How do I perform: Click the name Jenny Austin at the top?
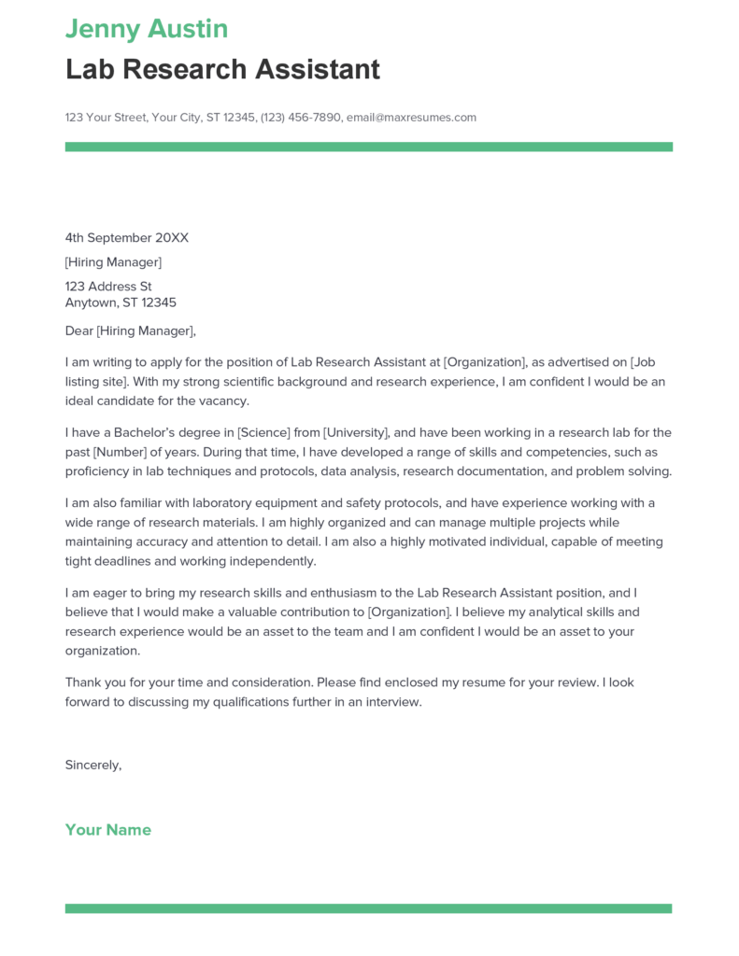pyautogui.click(x=147, y=28)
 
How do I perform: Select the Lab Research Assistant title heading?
pyautogui.click(x=222, y=69)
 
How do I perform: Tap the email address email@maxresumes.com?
pyautogui.click(x=411, y=118)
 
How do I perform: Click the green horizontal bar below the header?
pyautogui.click(x=368, y=147)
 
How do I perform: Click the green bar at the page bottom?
pyautogui.click(x=368, y=908)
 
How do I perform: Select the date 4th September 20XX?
pyautogui.click(x=126, y=238)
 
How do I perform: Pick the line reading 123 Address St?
pyautogui.click(x=108, y=287)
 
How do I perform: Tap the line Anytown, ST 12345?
pyautogui.click(x=121, y=302)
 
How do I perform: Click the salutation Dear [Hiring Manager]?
pyautogui.click(x=131, y=330)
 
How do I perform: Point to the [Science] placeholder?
pyautogui.click(x=266, y=432)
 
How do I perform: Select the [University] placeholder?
pyautogui.click(x=355, y=432)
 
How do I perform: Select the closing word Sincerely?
pyautogui.click(x=93, y=765)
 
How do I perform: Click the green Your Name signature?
pyautogui.click(x=108, y=830)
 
